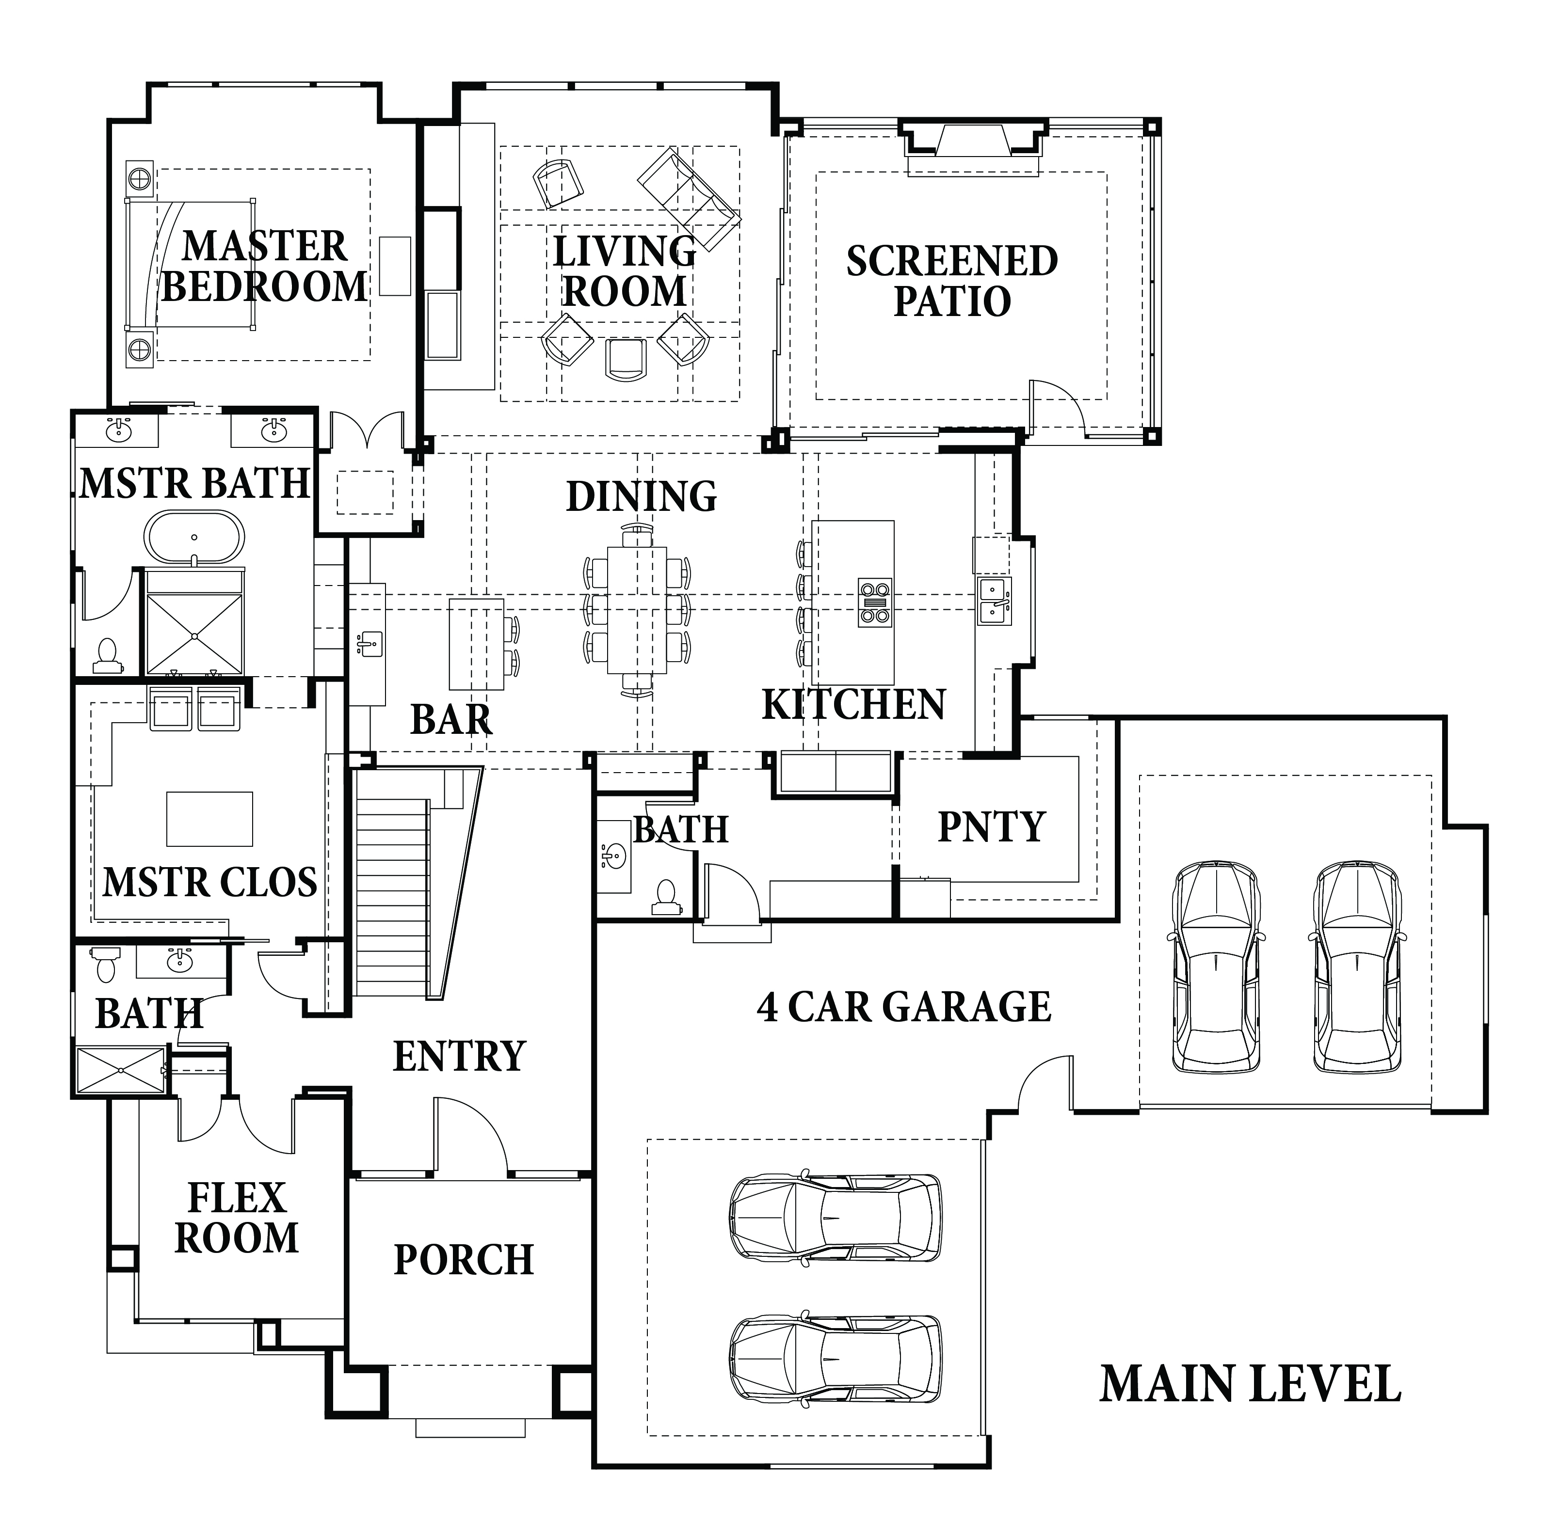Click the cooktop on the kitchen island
coord(874,602)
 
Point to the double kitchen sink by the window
coord(995,601)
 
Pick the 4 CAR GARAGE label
coord(903,1007)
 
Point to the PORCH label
coord(464,1260)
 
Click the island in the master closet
coord(209,818)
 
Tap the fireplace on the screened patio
coord(974,148)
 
